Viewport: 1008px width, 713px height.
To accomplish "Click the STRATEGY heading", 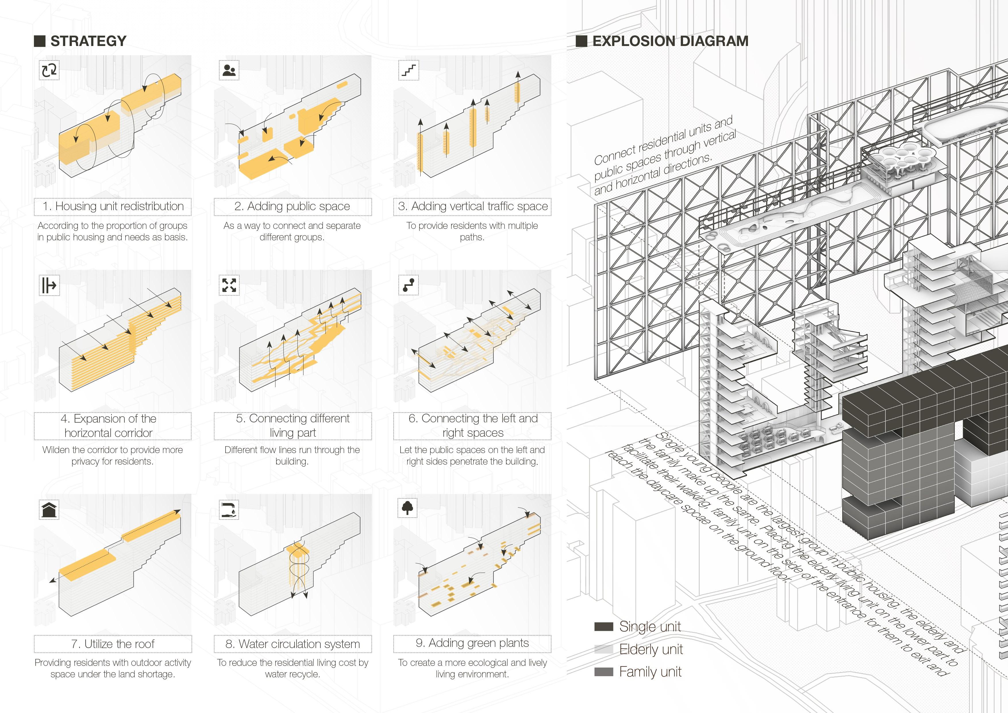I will (x=88, y=41).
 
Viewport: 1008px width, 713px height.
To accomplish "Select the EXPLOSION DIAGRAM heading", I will (x=670, y=41).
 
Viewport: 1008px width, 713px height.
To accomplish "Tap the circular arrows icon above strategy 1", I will (x=49, y=70).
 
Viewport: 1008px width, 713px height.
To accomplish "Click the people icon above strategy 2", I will (x=229, y=70).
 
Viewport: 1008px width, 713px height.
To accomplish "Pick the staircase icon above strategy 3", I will (x=409, y=70).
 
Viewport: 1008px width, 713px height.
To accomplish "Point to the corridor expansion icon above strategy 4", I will (x=49, y=285).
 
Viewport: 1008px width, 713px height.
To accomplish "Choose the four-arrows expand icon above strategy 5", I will (x=229, y=285).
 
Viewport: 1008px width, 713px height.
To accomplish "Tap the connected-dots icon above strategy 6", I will (x=409, y=285).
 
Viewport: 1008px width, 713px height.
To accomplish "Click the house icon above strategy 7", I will (x=49, y=510).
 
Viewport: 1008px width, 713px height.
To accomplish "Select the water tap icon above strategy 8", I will (x=229, y=510).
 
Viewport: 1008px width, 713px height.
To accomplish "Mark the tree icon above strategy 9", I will (x=408, y=508).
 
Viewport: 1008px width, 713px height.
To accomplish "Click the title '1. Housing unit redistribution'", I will (x=113, y=206).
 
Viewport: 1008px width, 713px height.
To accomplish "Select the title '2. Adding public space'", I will (x=293, y=206).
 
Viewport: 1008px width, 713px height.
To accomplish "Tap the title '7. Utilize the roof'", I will (x=113, y=644).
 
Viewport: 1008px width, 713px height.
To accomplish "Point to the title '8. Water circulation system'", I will (x=293, y=644).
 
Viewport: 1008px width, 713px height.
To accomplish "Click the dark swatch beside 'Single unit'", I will (x=604, y=626).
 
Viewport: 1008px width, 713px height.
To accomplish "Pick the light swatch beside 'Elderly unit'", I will (x=604, y=649).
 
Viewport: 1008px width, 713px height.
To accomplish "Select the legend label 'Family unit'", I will (x=650, y=672).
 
